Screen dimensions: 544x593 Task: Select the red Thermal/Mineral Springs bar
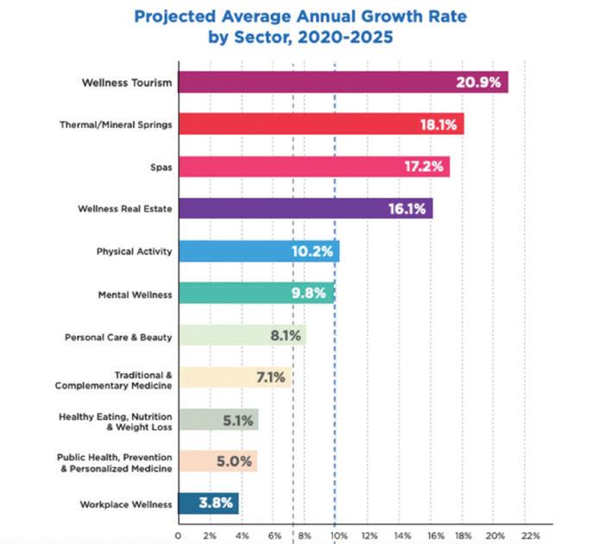(320, 124)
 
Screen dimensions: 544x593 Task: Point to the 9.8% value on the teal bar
(307, 294)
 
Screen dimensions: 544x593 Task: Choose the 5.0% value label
(234, 461)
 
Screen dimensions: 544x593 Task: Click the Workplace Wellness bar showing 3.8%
(208, 503)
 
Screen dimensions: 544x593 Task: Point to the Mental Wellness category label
(136, 294)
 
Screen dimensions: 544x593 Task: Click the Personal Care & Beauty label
(119, 336)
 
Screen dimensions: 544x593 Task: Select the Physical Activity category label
(134, 252)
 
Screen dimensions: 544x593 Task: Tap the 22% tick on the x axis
(530, 535)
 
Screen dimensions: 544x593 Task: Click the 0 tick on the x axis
(178, 535)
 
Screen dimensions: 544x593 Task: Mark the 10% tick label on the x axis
(336, 535)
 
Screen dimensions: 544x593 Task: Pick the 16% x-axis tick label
(432, 535)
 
